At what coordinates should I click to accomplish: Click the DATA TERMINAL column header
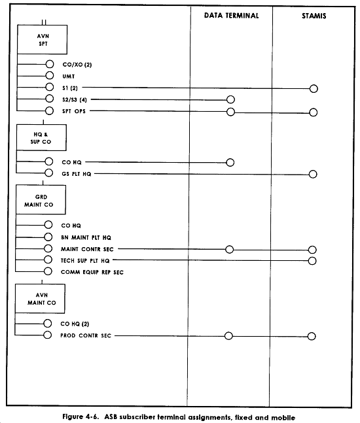(x=231, y=16)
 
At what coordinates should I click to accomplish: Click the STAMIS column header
(x=314, y=16)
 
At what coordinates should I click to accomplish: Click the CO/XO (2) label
(x=77, y=65)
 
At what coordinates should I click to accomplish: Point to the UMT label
(x=69, y=76)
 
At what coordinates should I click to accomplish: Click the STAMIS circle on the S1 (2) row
(x=314, y=85)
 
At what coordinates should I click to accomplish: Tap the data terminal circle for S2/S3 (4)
(x=230, y=95)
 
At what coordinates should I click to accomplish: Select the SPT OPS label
(x=74, y=111)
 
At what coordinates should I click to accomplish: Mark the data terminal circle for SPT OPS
(x=230, y=108)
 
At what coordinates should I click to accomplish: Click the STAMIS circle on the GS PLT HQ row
(x=313, y=171)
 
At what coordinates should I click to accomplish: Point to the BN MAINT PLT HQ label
(x=86, y=237)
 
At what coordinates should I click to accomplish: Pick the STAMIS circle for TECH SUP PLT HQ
(x=312, y=258)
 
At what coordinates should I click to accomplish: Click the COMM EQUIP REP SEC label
(x=92, y=272)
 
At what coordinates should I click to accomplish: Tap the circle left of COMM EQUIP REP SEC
(x=48, y=267)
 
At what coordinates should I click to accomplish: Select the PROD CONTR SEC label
(x=86, y=335)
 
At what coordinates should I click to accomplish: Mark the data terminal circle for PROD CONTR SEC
(x=228, y=332)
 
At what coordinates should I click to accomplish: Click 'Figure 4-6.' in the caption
(x=81, y=417)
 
